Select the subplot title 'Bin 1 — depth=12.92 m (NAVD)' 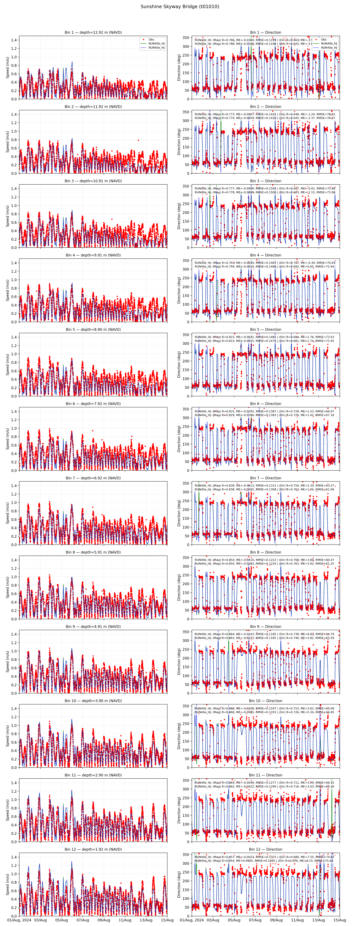[93, 32]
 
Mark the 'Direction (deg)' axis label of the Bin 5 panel [179, 364]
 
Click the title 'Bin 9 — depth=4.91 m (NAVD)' [93, 627]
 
